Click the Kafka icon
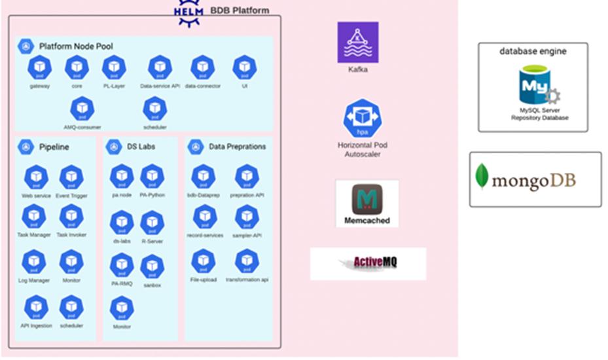coord(357,42)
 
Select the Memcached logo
coord(367,200)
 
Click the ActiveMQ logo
coord(368,263)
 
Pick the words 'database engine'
coord(533,51)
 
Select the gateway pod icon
coord(40,68)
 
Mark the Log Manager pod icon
coord(35,262)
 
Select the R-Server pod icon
coord(152,223)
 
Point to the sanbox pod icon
coord(152,267)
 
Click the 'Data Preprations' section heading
coord(237,147)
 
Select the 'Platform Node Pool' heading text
coord(76,46)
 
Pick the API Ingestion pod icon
coord(36,308)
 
